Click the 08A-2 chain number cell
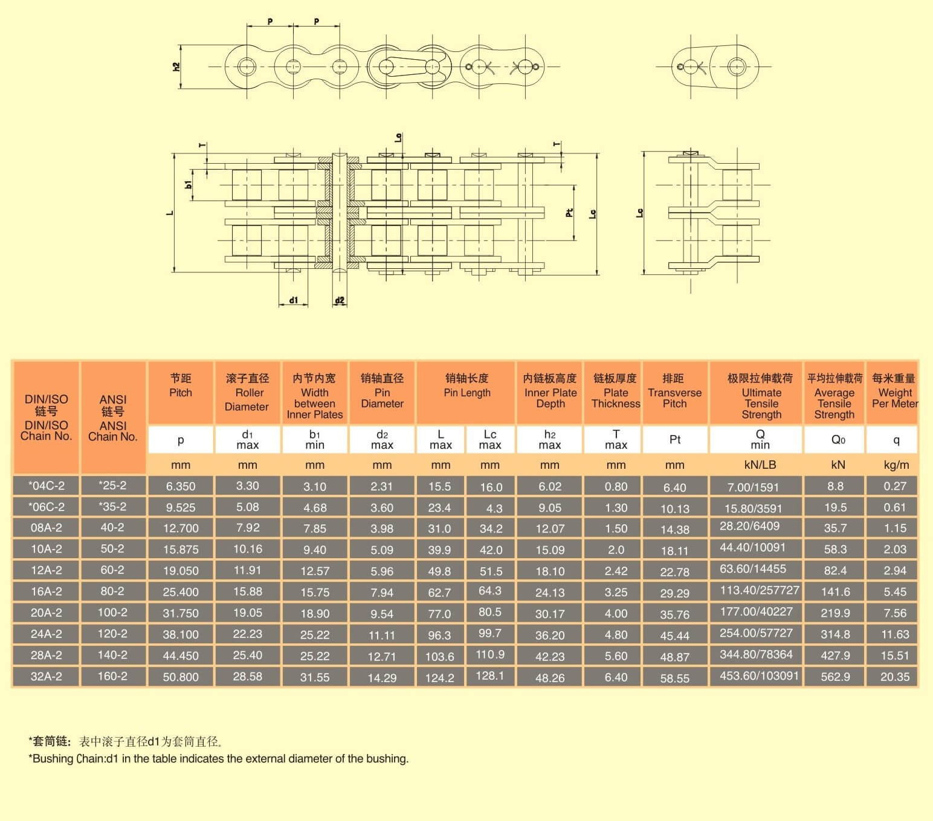coord(46,527)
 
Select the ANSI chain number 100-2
coord(112,613)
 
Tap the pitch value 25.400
coord(181,591)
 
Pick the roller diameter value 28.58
coord(247,677)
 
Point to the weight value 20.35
coord(895,677)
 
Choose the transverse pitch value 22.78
coord(674,571)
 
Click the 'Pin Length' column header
coord(467,393)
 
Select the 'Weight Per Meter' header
coord(895,398)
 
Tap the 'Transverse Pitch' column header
coord(674,398)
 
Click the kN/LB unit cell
coord(760,465)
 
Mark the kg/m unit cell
coord(896,465)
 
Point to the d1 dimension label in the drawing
coord(293,300)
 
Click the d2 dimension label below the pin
coord(340,300)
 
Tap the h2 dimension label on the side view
coord(176,67)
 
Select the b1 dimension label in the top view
coord(188,185)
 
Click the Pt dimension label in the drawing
coord(569,213)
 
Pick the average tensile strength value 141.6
coord(835,591)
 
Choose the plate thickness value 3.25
coord(616,591)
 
